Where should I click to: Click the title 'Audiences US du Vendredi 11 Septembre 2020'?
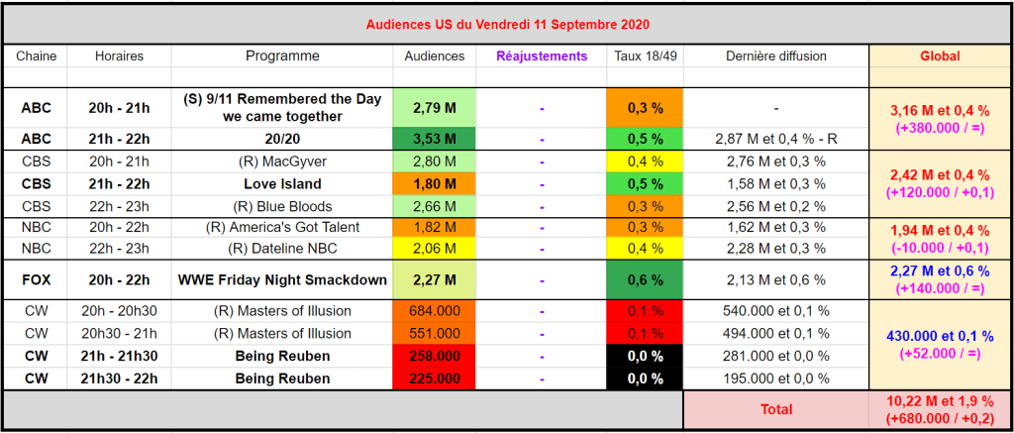pyautogui.click(x=506, y=23)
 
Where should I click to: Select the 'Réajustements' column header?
pyautogui.click(x=542, y=56)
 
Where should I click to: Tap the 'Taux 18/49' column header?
pyautogui.click(x=645, y=56)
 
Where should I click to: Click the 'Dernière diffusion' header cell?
pyautogui.click(x=775, y=56)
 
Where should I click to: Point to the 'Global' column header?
pyautogui.click(x=940, y=56)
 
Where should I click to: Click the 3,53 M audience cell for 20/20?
pyautogui.click(x=435, y=138)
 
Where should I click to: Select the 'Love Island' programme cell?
pyautogui.click(x=283, y=183)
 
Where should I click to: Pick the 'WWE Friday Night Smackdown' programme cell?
pyautogui.click(x=283, y=279)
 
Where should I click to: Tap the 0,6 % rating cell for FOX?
pyautogui.click(x=645, y=279)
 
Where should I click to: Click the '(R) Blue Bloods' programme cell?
pyautogui.click(x=283, y=205)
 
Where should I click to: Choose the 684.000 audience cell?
pyautogui.click(x=435, y=311)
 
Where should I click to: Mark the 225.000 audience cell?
pyautogui.click(x=435, y=378)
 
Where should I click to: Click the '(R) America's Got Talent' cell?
pyautogui.click(x=283, y=227)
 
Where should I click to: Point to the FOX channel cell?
pyautogui.click(x=36, y=279)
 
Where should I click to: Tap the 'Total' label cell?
pyautogui.click(x=775, y=408)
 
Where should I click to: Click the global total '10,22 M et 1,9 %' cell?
pyautogui.click(x=940, y=408)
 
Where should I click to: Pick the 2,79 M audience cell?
pyautogui.click(x=435, y=107)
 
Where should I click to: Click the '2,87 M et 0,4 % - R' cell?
pyautogui.click(x=775, y=138)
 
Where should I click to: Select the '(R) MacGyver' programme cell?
pyautogui.click(x=283, y=161)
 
